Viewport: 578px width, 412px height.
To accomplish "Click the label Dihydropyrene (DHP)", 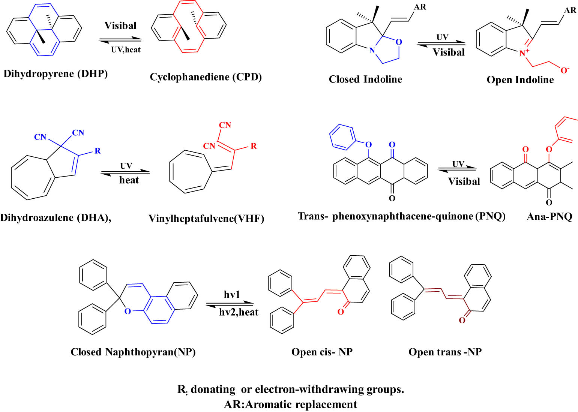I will pos(56,74).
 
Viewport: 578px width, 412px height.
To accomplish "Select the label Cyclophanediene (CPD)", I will pos(206,77).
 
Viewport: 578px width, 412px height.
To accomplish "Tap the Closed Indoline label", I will pos(365,79).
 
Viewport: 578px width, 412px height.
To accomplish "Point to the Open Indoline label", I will pos(520,80).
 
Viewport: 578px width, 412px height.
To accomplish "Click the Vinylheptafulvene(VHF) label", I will pos(206,219).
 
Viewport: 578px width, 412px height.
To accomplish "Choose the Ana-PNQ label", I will pos(549,217).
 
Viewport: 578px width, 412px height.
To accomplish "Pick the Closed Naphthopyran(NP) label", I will pos(133,352).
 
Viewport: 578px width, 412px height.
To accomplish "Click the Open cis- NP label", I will pos(322,352).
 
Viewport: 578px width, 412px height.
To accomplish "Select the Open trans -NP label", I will pos(445,352).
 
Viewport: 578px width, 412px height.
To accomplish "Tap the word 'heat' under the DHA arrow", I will pos(129,180).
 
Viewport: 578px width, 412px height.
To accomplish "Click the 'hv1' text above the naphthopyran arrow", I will pos(232,295).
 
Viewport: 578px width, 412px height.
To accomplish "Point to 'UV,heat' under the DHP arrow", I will pos(126,49).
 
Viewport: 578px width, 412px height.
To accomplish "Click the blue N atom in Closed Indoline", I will pos(372,50).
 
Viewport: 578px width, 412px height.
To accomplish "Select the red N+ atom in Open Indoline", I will pos(524,54).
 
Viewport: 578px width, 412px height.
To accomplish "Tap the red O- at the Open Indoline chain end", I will pos(565,70).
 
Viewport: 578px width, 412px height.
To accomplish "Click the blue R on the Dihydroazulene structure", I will pos(98,151).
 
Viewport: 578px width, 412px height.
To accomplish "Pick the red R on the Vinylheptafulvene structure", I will pos(254,146).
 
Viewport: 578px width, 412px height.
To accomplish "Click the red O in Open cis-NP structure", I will pos(341,312).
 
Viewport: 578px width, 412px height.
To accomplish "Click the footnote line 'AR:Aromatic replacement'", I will pos(290,405).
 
